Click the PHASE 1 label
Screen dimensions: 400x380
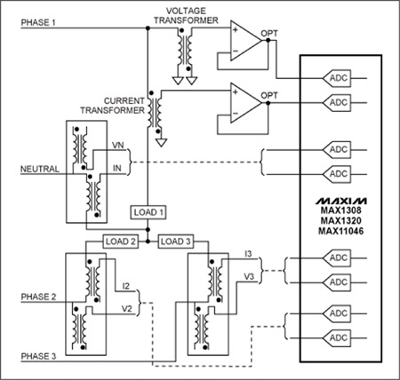point(38,22)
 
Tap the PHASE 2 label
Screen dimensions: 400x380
point(38,297)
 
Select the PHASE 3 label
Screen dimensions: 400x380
point(38,356)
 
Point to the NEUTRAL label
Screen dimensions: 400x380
point(40,169)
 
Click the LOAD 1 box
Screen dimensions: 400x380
point(148,212)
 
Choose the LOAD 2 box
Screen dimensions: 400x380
point(121,241)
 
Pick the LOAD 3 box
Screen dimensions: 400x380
point(176,241)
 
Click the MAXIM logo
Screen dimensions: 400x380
point(340,202)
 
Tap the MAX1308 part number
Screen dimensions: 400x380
point(341,210)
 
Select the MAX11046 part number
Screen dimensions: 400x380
point(341,231)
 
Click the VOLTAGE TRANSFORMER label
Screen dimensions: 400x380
point(186,15)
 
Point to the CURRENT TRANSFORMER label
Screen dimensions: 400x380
point(113,106)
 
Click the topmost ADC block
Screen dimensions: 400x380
point(337,78)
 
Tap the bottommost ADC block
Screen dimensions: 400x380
point(337,337)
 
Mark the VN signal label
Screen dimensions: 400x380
point(117,146)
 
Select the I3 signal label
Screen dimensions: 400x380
point(248,254)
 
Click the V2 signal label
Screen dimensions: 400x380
point(126,308)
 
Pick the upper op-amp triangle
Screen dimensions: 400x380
point(246,41)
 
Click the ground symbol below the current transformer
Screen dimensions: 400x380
point(161,142)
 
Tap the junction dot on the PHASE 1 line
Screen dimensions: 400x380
point(148,28)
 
